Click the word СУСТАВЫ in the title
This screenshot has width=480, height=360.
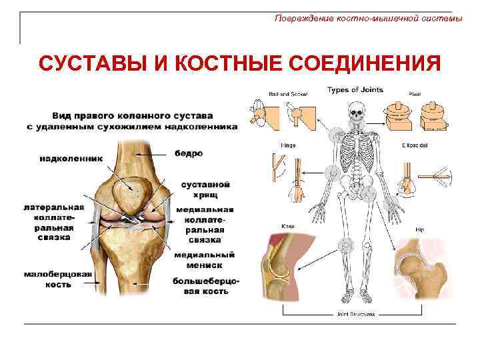(x=85, y=65)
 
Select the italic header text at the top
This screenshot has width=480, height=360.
(x=368, y=19)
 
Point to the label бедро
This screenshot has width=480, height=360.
(x=189, y=153)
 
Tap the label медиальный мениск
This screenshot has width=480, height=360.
(x=204, y=259)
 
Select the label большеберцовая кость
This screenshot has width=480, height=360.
(x=206, y=285)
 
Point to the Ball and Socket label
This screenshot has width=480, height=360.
(x=283, y=93)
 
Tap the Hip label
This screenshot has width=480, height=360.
(x=419, y=229)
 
